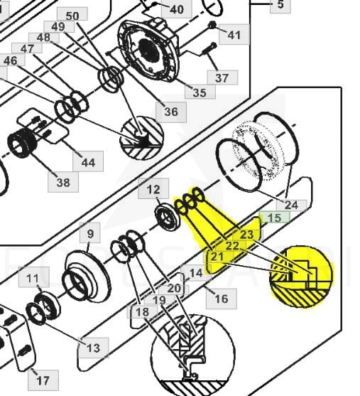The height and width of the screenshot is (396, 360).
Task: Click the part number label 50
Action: coord(72,16)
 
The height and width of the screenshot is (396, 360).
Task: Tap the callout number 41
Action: coord(234,35)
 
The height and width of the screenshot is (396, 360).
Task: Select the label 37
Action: coord(222,77)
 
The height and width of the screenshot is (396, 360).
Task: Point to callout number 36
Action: coord(171,112)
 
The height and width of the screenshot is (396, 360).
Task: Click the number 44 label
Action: coord(88,161)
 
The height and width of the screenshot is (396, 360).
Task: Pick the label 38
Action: coord(63,182)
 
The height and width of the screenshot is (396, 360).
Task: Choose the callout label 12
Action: coord(153,189)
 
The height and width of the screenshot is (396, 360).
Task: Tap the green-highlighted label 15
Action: coord(274,218)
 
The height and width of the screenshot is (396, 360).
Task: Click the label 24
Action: coord(291,205)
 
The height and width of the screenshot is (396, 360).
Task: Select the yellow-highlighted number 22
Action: coord(232,246)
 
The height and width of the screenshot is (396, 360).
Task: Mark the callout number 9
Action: coord(90,234)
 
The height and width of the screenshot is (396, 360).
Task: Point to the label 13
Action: coord(93,348)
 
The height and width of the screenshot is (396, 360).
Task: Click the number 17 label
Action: coord(43,380)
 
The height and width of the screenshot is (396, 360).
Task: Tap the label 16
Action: coord(222,299)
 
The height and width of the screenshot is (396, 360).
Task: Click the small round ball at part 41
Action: coord(212,25)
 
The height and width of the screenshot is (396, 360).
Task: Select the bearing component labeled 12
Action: coord(168,218)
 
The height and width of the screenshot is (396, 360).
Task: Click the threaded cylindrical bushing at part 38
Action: coord(22,142)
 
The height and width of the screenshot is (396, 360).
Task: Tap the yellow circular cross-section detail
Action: coord(301,277)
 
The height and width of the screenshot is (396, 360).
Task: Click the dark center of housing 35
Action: coord(149,50)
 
